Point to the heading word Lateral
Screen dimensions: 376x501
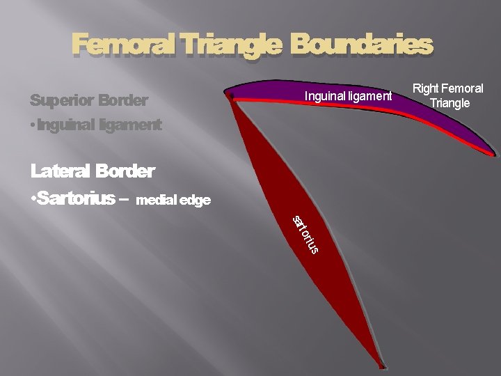click(x=61, y=171)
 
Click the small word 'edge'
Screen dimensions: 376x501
click(x=194, y=201)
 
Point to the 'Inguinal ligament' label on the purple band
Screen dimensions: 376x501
click(x=348, y=95)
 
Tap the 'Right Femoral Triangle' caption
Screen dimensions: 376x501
click(x=448, y=96)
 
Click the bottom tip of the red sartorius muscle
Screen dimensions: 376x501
click(x=382, y=365)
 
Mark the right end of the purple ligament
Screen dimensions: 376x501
click(x=493, y=153)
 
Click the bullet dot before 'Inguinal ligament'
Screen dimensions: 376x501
click(x=33, y=126)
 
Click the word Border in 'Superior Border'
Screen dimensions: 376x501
click(x=123, y=100)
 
